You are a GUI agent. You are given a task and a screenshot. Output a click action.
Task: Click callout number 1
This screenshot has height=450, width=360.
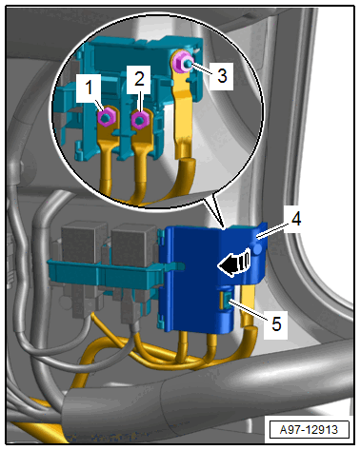[x=90, y=87]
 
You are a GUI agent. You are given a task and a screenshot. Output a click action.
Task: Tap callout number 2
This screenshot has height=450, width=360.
[x=139, y=79]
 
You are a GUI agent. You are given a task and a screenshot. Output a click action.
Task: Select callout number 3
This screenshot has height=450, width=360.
[x=222, y=76]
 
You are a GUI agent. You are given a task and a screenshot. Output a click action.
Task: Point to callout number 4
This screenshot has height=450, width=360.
[x=296, y=219]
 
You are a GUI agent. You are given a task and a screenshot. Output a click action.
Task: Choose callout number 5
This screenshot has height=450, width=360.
[x=276, y=324]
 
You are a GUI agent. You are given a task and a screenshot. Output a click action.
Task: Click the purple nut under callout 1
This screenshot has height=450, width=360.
[x=106, y=118]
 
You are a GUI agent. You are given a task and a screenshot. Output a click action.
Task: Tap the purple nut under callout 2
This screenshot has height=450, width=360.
[x=140, y=120]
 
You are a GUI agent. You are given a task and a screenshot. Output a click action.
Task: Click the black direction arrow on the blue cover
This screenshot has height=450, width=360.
[x=234, y=263]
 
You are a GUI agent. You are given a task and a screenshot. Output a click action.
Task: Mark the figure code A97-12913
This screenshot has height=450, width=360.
[x=309, y=429]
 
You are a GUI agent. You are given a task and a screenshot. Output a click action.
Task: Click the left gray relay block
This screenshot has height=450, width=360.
[x=84, y=240]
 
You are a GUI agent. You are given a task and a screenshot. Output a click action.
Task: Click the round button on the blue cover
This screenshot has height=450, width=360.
[x=258, y=248]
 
